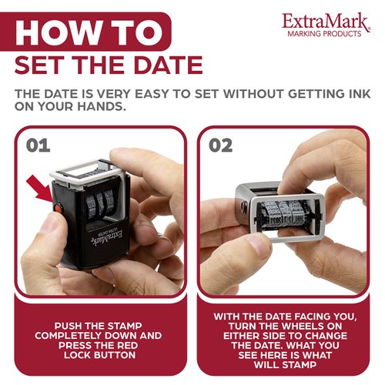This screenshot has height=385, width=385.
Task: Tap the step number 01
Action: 38,145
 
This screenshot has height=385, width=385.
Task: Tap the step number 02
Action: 221,145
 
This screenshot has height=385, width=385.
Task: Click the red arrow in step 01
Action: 38,192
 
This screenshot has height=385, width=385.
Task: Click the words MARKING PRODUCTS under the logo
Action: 323,35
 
